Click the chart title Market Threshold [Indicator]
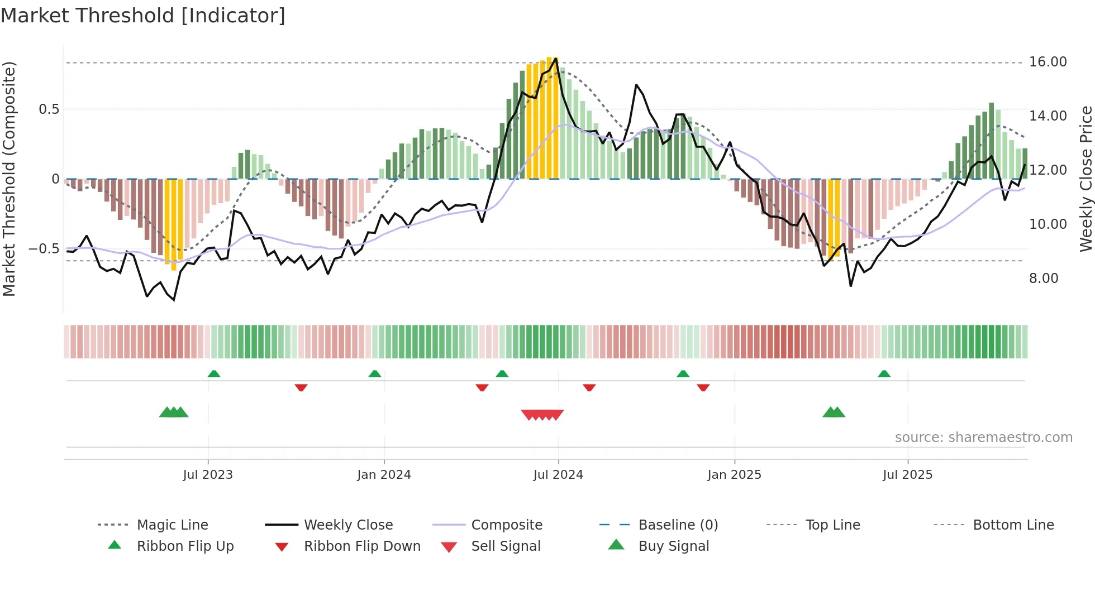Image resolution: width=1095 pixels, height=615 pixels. pos(143,16)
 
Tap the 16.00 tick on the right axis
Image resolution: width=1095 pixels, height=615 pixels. pos(1048,62)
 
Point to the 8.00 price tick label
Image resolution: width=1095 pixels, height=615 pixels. pos(1043,278)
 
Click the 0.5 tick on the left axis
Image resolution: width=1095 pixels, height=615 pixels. pos(49,109)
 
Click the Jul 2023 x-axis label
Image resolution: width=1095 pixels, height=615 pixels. pos(208,475)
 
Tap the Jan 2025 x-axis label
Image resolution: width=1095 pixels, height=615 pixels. pos(734,475)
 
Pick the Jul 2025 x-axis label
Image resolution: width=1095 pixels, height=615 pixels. pos(907,475)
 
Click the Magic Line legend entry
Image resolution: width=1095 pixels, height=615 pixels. pos(172,525)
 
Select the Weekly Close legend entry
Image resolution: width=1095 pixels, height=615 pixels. pos(348,525)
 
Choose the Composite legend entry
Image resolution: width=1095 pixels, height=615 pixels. pos(506,525)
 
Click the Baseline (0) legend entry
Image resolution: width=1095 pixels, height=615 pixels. pos(678,525)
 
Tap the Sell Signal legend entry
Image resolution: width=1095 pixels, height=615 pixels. pos(505,546)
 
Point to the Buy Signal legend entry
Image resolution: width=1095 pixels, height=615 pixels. pos(673,546)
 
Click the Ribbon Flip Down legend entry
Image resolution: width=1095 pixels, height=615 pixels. pos(361,546)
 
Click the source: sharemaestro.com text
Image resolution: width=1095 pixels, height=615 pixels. pos(983,438)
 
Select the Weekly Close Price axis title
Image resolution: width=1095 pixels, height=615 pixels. pos(1086,179)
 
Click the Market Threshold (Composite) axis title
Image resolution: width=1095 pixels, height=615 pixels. pos(9,179)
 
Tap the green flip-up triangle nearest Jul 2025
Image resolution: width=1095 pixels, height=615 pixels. pos(884,374)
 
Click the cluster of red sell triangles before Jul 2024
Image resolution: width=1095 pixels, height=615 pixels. pos(542,415)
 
